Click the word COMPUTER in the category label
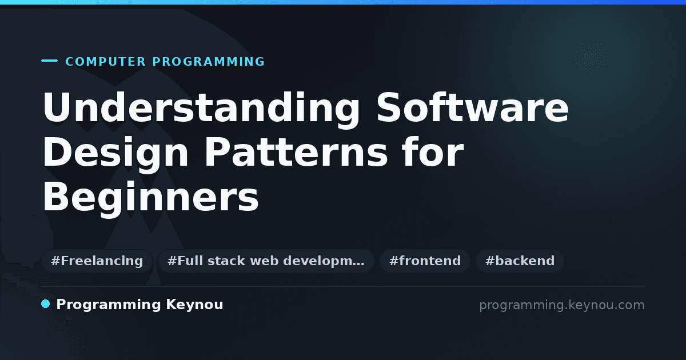[105, 62]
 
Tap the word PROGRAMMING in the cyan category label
[208, 62]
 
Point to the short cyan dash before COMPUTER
[49, 61]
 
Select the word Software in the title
[473, 107]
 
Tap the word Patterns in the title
[296, 152]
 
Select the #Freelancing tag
[97, 261]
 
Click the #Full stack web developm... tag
[266, 261]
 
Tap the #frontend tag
[425, 261]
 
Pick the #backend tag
[520, 261]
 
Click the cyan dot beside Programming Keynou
[46, 304]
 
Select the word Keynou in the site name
[194, 305]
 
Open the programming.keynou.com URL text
[562, 305]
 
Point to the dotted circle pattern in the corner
[591, 57]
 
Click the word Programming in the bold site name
[109, 305]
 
